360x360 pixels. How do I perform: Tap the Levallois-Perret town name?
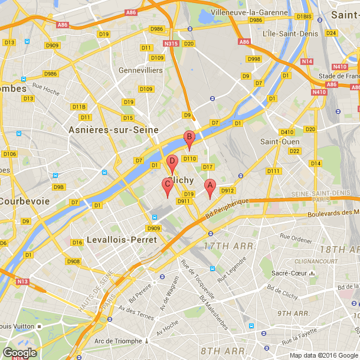[122, 240]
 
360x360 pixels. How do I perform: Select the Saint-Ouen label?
[280, 142]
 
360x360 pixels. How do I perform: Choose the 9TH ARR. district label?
[293, 313]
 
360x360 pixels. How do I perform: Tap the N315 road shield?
[171, 44]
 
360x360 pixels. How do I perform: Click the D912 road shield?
[228, 191]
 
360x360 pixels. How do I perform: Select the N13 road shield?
[22, 282]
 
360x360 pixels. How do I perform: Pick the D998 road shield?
[254, 59]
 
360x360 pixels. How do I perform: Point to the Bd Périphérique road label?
[227, 210]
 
